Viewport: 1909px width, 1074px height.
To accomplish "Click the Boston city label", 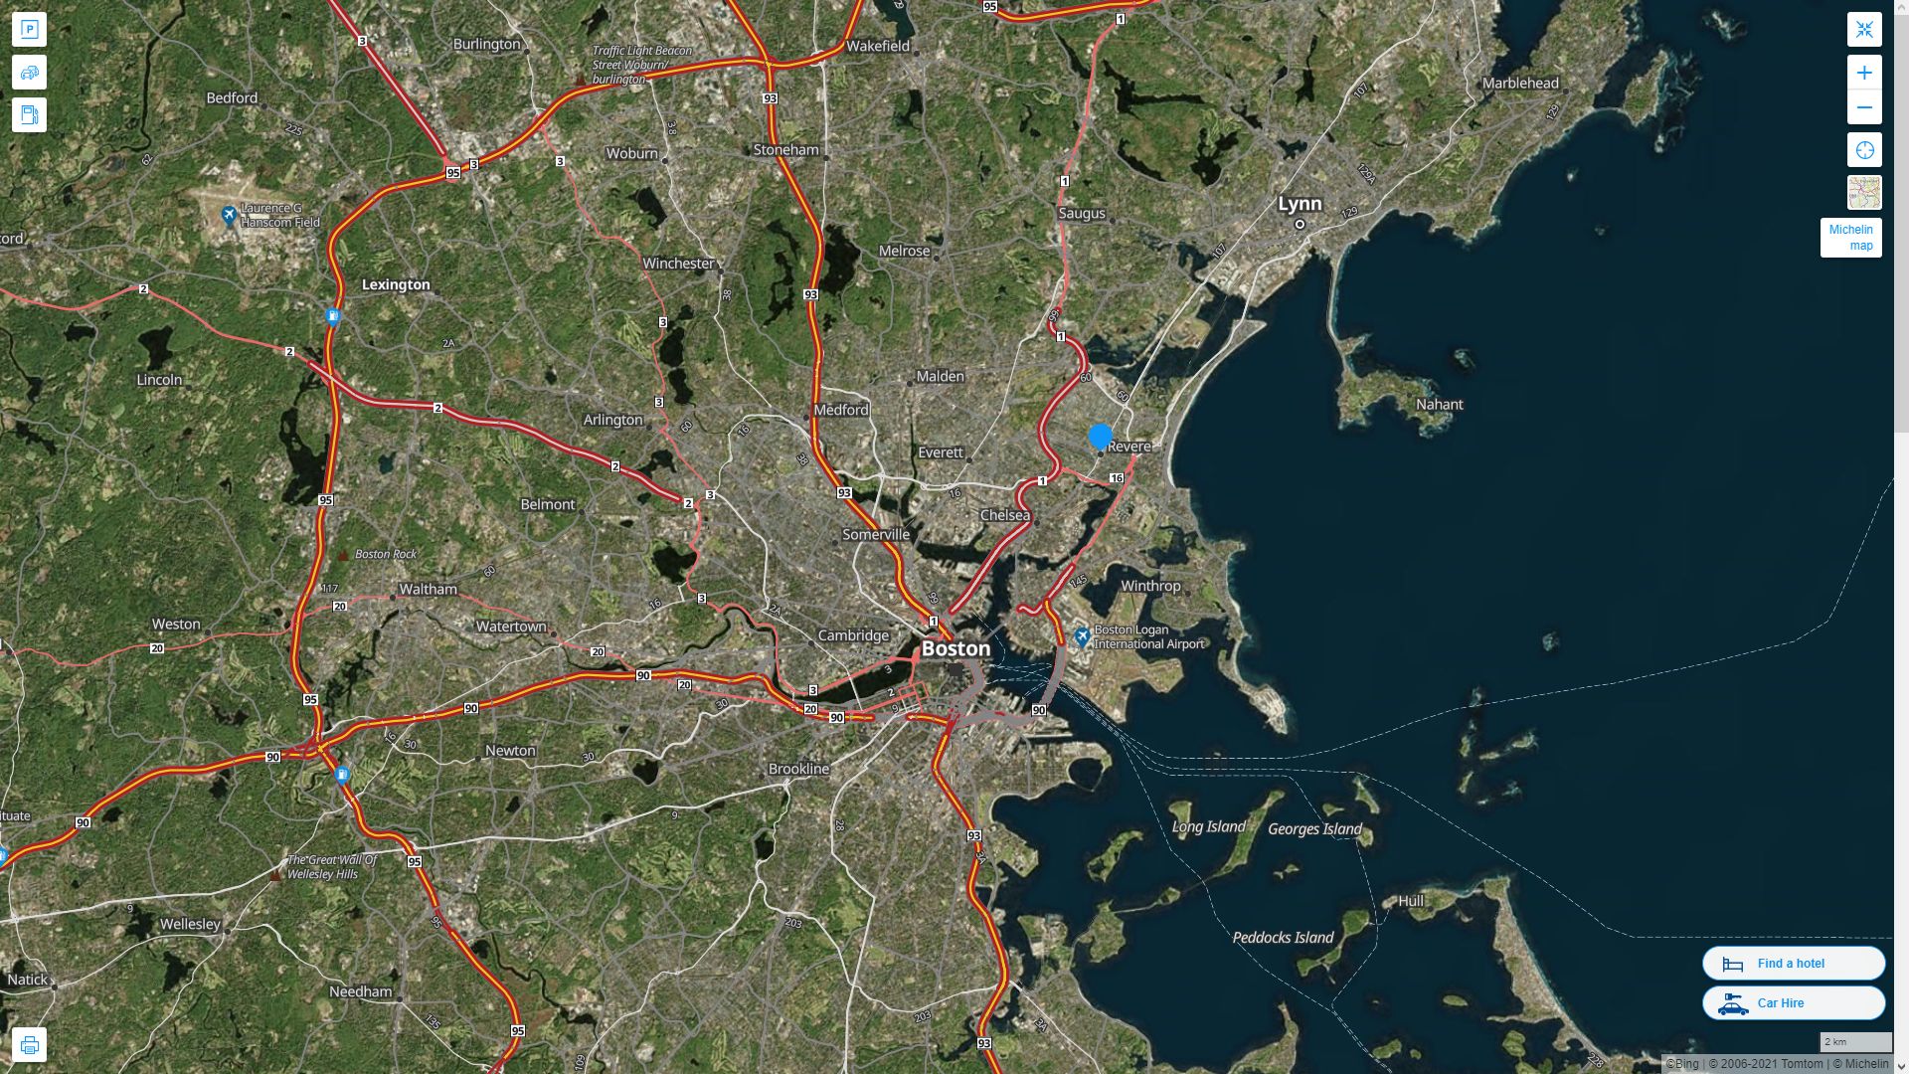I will pos(955,648).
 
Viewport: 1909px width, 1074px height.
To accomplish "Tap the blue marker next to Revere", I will pos(1100,436).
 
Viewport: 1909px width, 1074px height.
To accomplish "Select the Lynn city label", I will pos(1300,204).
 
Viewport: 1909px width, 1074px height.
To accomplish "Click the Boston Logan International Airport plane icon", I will pos(1082,635).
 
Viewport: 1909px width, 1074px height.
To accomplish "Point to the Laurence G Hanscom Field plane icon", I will pos(229,215).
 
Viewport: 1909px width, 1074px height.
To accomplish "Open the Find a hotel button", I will pos(1793,963).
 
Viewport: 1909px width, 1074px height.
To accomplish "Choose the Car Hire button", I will pos(1793,1002).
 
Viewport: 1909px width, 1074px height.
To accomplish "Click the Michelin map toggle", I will pos(1850,238).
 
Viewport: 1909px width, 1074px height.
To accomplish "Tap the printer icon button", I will pos(29,1044).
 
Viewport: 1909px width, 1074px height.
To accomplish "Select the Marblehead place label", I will pos(1520,84).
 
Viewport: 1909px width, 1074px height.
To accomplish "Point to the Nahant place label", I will pos(1439,405).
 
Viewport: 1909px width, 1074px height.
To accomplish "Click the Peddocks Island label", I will pos(1283,938).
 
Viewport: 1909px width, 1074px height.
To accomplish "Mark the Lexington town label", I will pos(396,284).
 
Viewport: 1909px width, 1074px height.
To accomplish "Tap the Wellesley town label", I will pos(190,924).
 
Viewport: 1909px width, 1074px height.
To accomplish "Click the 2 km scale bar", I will pos(1855,1042).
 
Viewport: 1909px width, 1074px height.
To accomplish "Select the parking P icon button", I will pos(29,30).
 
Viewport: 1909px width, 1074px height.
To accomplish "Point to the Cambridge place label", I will pos(853,635).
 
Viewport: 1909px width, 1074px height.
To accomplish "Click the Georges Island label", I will pos(1314,829).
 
